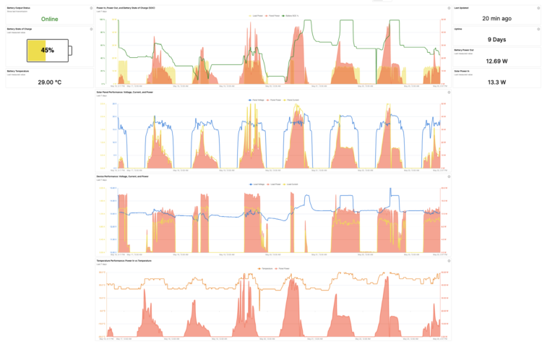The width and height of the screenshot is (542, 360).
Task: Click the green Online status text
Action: (x=50, y=19)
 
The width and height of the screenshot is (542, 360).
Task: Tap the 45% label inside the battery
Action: (x=48, y=51)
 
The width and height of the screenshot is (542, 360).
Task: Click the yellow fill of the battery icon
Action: (x=34, y=51)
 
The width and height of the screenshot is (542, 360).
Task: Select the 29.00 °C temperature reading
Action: (x=50, y=82)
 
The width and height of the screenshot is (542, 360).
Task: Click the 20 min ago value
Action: (x=496, y=18)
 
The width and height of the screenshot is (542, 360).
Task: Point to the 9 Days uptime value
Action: (x=496, y=40)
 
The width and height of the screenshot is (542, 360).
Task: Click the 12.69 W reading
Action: (x=496, y=61)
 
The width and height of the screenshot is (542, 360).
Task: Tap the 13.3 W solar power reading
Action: (x=496, y=82)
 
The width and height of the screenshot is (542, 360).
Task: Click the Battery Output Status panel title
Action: (x=19, y=7)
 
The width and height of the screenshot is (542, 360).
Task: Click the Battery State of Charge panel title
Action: (x=21, y=29)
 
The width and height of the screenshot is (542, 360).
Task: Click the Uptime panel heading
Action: (x=457, y=29)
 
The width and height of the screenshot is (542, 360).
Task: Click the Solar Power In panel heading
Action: (x=462, y=71)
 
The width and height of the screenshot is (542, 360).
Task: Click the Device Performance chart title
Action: (x=122, y=176)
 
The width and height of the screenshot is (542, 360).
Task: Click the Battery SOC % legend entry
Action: (x=291, y=14)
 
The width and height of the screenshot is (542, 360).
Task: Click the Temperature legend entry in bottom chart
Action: (x=268, y=267)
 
